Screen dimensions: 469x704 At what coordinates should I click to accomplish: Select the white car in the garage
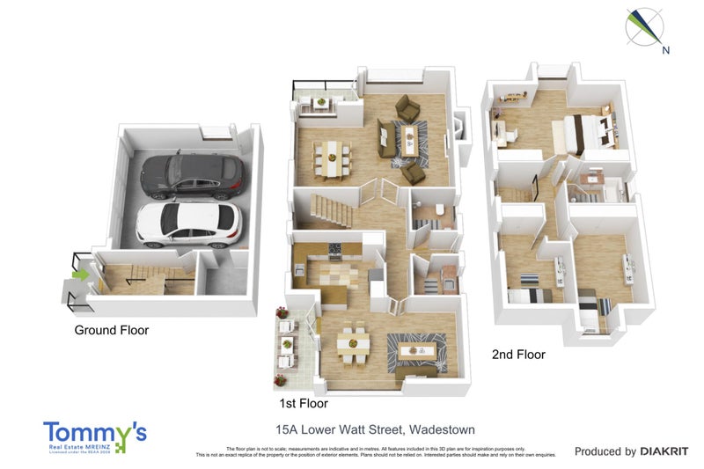pos(187,224)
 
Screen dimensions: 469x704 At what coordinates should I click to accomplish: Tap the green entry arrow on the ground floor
pos(80,275)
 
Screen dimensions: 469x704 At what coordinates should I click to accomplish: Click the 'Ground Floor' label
pos(111,331)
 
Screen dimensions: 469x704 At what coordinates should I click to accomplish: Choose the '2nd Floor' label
pos(518,355)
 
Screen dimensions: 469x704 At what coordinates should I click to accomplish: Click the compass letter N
pos(666,50)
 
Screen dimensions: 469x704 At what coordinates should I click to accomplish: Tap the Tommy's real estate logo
pos(95,436)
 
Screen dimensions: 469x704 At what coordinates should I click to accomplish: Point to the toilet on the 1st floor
pos(439,210)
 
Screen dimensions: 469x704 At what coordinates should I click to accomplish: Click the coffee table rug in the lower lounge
pos(414,349)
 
